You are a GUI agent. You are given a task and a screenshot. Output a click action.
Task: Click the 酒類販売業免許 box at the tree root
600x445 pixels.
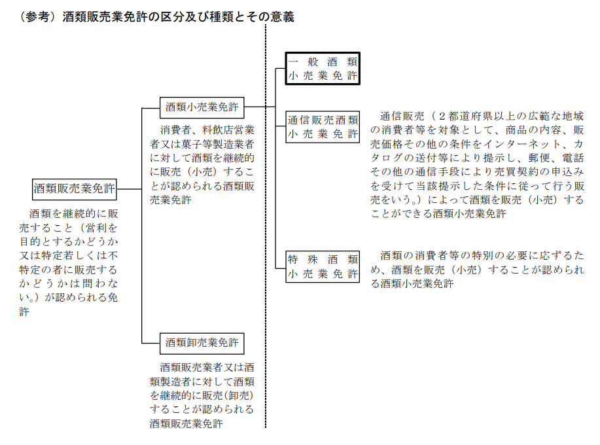click(74, 189)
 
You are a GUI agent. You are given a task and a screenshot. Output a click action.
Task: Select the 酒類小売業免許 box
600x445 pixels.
click(202, 107)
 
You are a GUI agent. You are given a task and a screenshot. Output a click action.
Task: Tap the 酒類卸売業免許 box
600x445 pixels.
click(202, 343)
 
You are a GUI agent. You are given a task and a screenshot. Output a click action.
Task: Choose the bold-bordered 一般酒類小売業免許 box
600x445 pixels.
click(323, 69)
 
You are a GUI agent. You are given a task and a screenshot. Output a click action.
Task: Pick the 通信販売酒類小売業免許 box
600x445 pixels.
click(323, 127)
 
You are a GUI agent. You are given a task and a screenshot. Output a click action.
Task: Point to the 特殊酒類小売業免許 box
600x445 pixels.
click(323, 267)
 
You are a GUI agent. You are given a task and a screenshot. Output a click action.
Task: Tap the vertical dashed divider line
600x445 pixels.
click(266, 226)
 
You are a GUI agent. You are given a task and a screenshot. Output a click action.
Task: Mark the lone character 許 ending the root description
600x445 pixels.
click(24, 312)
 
